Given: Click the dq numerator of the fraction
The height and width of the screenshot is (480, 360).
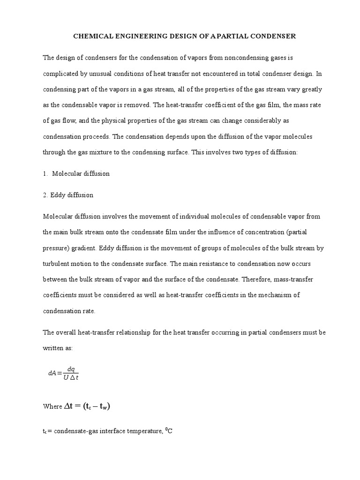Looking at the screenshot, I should [71, 369].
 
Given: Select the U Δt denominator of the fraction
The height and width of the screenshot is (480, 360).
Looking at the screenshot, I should [71, 378].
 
